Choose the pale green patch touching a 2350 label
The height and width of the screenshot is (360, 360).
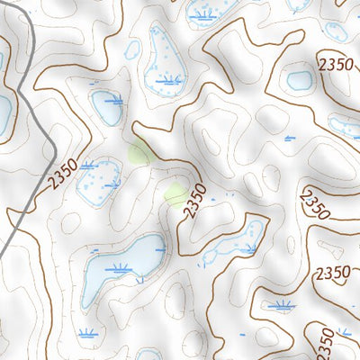(x=175, y=194)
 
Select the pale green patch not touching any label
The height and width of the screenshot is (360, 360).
(x=139, y=152)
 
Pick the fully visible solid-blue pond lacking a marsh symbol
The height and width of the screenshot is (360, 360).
(x=298, y=80)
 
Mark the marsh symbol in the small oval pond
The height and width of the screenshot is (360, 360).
(x=112, y=102)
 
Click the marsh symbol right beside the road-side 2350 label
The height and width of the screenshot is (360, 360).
(x=87, y=166)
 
